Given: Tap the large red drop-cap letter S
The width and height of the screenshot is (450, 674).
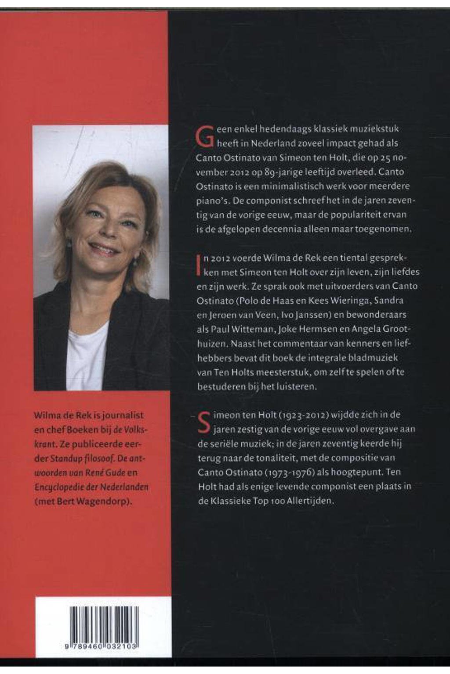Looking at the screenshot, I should (204, 422).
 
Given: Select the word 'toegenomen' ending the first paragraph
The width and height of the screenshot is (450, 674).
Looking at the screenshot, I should (385, 229).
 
